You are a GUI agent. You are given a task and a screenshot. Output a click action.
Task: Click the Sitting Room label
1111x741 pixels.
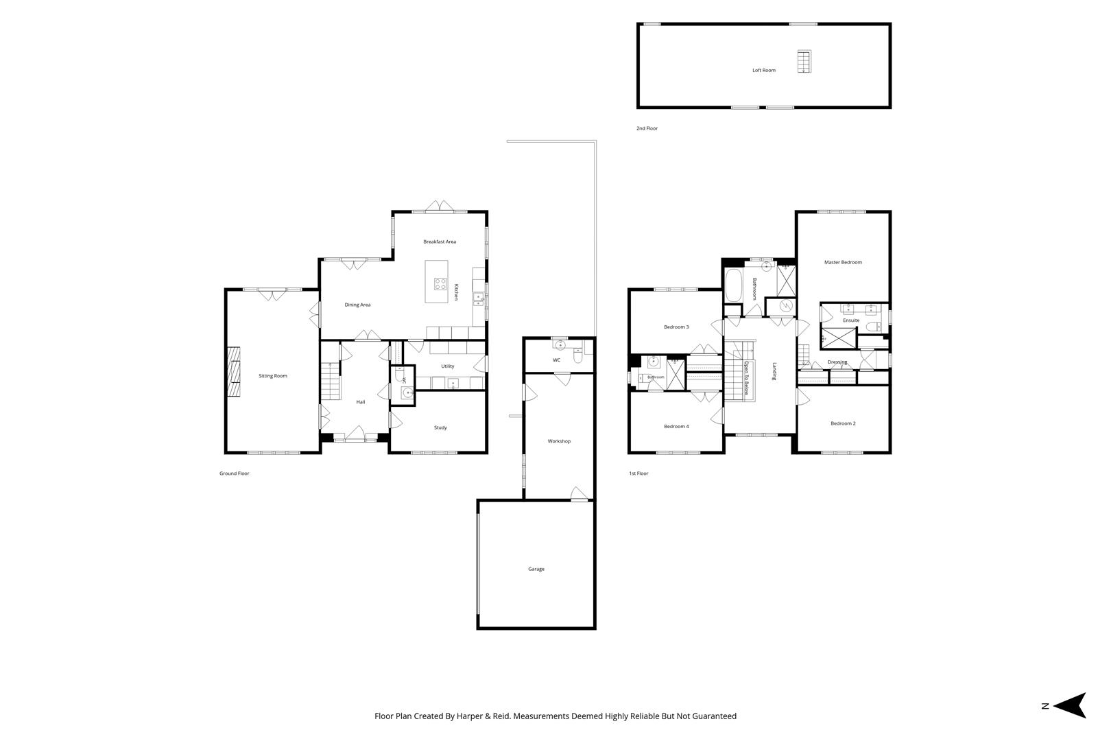273,376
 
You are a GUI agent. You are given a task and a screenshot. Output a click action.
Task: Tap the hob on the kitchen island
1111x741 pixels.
440,284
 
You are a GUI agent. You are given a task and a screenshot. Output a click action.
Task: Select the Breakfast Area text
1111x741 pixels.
440,242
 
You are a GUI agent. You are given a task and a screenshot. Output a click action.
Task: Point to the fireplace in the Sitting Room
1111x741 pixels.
234,371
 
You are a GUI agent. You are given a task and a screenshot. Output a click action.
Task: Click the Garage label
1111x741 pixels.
536,569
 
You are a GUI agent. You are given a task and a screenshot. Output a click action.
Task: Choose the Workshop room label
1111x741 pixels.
559,441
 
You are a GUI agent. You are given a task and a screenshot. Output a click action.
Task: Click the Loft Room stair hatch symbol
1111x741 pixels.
804,62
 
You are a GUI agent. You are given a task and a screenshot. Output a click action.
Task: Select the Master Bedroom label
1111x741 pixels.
843,262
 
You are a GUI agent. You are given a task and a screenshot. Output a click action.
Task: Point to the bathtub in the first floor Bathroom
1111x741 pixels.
734,285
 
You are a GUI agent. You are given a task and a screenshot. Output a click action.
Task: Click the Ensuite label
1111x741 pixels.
851,320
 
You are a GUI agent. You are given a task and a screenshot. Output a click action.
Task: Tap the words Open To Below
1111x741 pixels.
745,378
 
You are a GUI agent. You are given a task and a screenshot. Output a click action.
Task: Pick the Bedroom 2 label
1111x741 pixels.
843,423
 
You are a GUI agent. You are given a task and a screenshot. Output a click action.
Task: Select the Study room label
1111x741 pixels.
440,427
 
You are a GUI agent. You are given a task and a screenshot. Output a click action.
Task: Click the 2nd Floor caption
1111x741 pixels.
647,128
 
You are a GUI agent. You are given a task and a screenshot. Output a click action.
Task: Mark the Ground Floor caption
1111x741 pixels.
234,473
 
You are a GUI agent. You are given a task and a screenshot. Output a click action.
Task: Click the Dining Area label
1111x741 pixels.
357,305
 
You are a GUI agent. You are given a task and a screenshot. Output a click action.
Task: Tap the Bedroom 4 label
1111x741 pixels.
676,426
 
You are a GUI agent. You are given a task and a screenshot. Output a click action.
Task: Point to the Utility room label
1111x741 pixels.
447,366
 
